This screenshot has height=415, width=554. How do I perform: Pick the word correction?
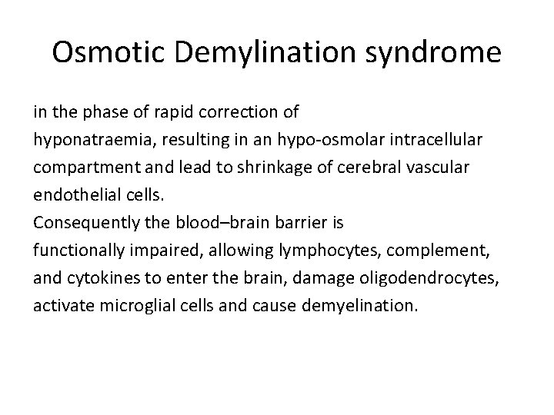[239, 112]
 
